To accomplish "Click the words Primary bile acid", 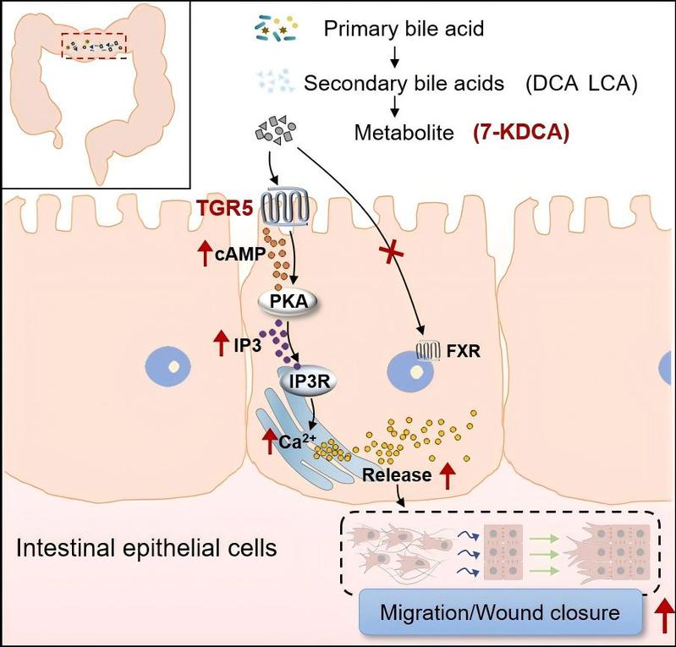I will [x=404, y=30].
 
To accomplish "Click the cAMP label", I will [x=228, y=253].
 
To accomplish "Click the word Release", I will [x=397, y=474].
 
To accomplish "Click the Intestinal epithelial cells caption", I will [x=146, y=549].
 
